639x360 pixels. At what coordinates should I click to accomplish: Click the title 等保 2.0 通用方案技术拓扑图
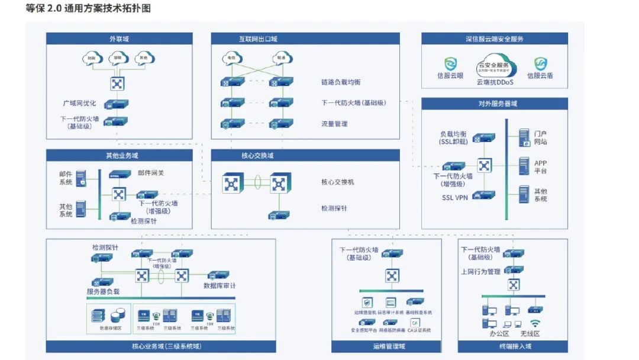[x=88, y=8]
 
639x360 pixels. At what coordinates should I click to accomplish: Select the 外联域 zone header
[x=119, y=39]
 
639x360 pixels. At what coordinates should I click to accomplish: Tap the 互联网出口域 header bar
[x=254, y=39]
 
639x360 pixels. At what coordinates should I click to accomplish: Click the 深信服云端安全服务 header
[x=494, y=39]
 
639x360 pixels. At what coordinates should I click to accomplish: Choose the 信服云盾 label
[x=540, y=76]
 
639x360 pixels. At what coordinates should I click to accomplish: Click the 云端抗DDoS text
[x=495, y=82]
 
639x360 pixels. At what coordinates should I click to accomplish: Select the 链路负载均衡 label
[x=341, y=82]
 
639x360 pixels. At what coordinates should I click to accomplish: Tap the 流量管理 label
[x=334, y=124]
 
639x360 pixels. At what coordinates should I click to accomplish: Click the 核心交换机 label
[x=338, y=182]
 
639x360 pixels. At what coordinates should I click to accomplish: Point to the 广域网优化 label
[x=79, y=103]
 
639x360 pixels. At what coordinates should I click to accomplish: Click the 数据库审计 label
[x=220, y=285]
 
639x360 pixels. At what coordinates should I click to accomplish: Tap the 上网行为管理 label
[x=480, y=272]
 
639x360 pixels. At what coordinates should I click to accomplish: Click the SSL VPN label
[x=455, y=198]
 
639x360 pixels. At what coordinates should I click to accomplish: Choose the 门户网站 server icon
[x=524, y=137]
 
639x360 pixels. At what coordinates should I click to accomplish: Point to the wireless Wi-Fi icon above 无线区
[x=535, y=323]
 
